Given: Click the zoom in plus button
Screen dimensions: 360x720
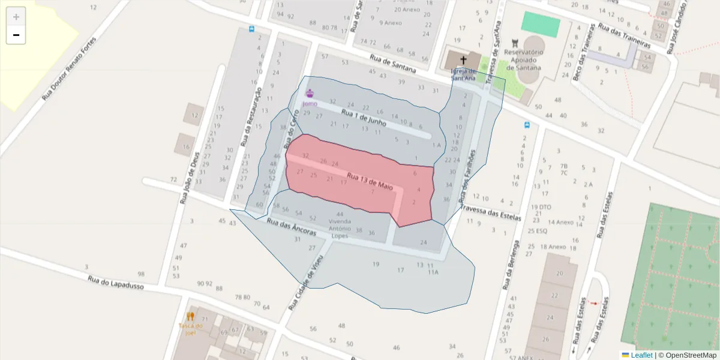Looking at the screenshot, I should pos(16,16).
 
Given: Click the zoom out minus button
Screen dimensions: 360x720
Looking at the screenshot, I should pos(16,35).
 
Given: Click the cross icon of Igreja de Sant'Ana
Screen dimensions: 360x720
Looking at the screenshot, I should pos(463,60).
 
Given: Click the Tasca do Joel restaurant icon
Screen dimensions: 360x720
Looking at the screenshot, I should pos(190,316).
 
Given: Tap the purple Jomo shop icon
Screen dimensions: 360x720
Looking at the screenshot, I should pos(310,93).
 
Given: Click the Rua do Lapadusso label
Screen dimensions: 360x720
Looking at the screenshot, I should pos(116,283).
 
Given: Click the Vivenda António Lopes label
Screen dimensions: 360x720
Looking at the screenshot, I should pos(340,229).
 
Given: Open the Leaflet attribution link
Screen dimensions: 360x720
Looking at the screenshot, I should pos(641,355).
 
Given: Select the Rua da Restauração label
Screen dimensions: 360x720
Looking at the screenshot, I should pos(251,117).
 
